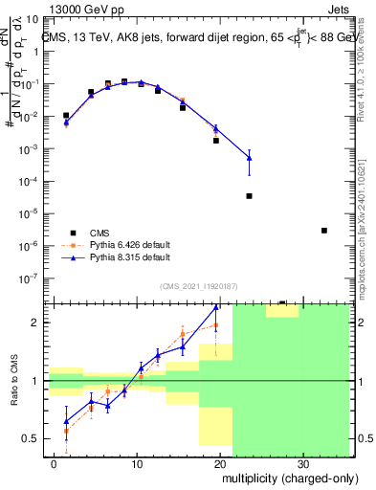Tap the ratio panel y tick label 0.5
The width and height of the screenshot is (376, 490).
(31, 438)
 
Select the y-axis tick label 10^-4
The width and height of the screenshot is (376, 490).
(29, 181)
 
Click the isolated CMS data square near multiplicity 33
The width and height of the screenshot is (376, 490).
(324, 231)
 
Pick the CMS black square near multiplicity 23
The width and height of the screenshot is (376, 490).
(249, 195)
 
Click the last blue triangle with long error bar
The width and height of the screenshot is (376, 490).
(249, 157)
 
